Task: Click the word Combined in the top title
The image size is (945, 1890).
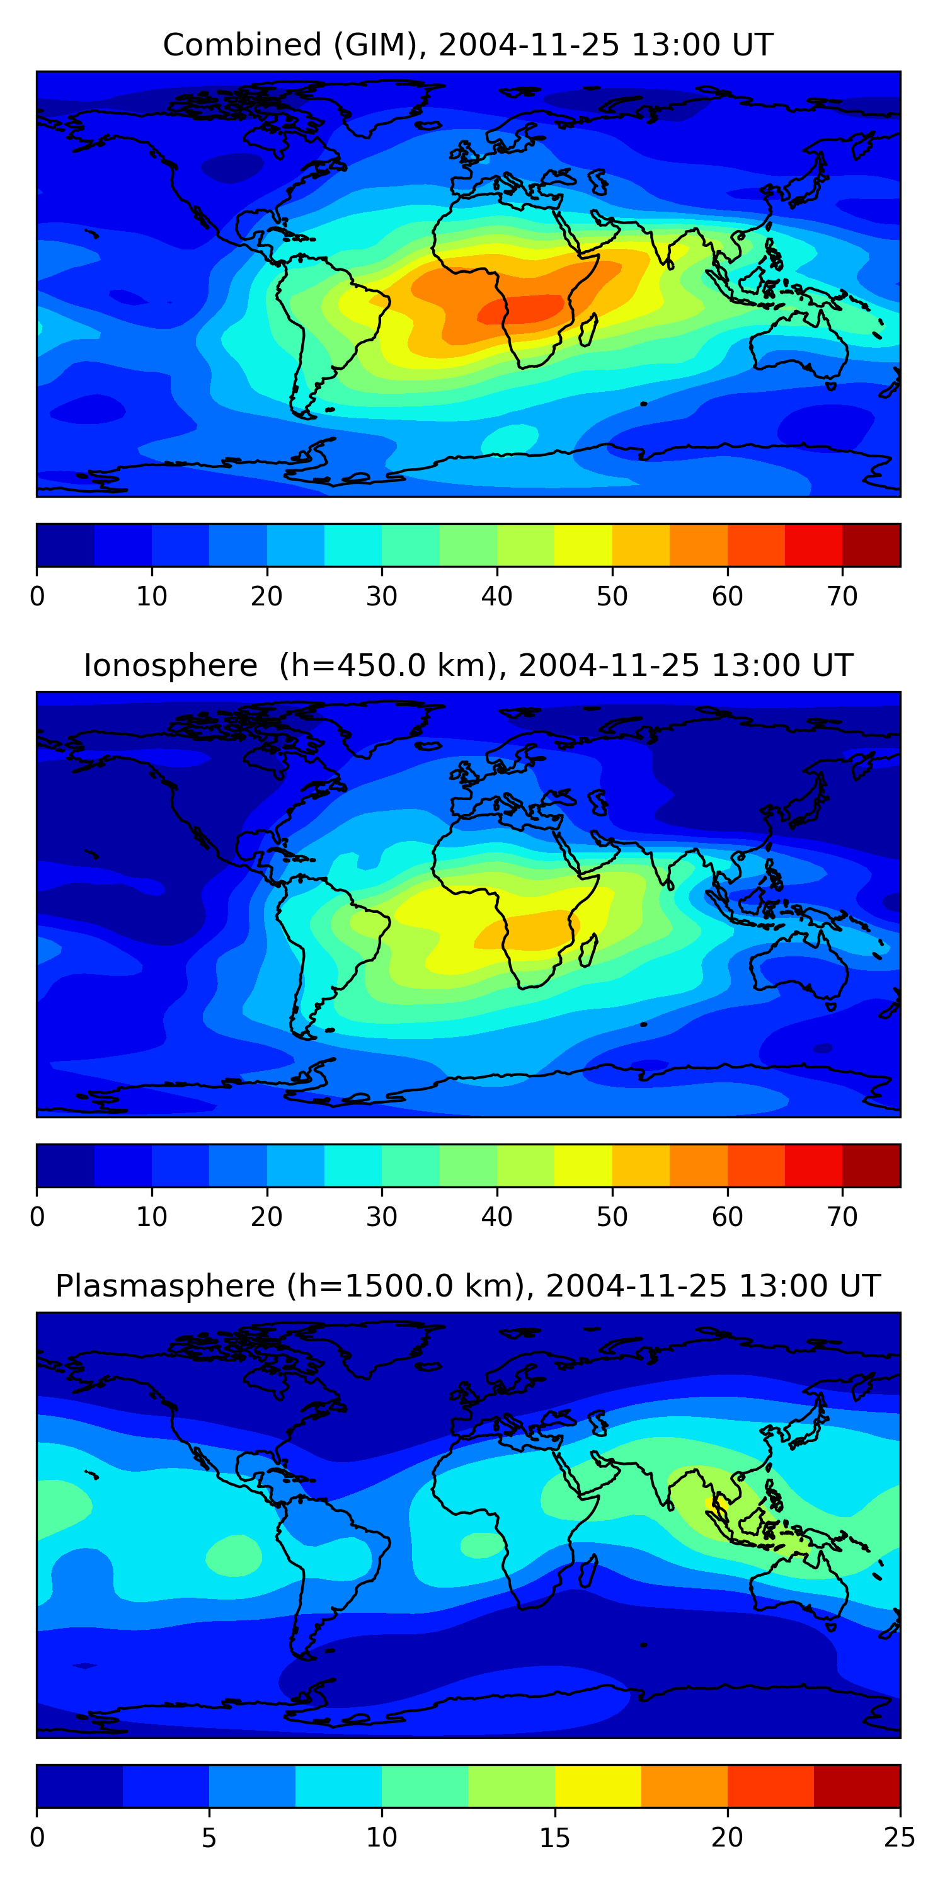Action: (241, 45)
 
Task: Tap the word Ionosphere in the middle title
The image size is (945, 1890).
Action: (170, 665)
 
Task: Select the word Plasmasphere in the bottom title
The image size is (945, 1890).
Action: (164, 1286)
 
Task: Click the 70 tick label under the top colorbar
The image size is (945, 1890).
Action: (842, 597)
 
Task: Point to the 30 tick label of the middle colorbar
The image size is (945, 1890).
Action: (382, 1217)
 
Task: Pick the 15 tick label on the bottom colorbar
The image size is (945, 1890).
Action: (554, 1838)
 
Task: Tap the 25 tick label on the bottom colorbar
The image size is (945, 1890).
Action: (899, 1838)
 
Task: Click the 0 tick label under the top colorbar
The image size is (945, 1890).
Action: (37, 597)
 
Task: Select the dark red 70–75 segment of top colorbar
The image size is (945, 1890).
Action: (871, 545)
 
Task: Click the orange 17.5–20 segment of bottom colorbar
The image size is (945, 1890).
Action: (684, 1787)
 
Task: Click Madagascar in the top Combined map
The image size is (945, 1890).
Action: (588, 330)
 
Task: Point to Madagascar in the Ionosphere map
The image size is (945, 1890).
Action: (588, 951)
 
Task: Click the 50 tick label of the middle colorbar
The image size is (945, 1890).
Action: (612, 1217)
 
